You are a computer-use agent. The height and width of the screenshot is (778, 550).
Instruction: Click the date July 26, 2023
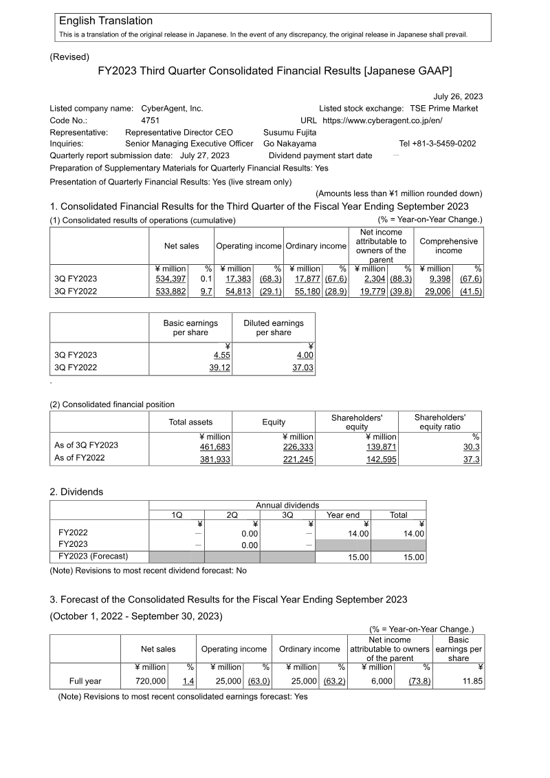(x=457, y=96)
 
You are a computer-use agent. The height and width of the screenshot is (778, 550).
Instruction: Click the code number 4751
(x=150, y=120)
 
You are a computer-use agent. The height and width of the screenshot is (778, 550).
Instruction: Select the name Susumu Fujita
(x=290, y=132)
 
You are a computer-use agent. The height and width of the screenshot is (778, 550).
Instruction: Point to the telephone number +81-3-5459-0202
(x=437, y=144)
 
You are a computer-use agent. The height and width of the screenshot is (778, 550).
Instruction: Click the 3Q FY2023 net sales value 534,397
(x=170, y=279)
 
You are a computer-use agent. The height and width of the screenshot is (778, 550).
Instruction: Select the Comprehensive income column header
(x=448, y=246)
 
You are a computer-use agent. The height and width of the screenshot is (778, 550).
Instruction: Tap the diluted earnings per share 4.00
(x=305, y=355)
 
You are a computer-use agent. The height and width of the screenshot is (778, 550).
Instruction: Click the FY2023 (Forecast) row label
(x=93, y=557)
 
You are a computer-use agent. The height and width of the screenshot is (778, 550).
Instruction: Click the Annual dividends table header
(x=287, y=505)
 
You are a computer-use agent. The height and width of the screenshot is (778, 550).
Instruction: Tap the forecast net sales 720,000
(x=151, y=681)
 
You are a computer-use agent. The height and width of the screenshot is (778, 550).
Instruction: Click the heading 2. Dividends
(x=76, y=493)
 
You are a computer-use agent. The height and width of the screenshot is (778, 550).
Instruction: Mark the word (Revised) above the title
(x=69, y=57)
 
